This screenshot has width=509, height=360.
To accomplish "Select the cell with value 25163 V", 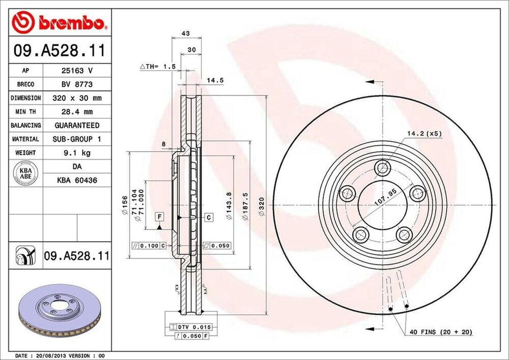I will coord(77,71).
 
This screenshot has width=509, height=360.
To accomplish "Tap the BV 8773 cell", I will coord(77,85).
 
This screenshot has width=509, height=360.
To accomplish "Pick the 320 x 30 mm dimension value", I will coord(77,98).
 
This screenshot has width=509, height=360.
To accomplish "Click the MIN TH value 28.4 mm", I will coord(77,112).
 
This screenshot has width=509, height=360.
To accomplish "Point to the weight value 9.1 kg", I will coord(77,153).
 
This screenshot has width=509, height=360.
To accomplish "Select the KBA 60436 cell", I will coord(77,180).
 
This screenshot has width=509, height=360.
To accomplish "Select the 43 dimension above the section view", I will coord(186,34).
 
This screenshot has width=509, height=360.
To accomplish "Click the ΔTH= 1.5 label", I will coord(157,66).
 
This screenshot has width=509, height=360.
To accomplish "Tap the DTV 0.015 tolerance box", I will coord(192,327).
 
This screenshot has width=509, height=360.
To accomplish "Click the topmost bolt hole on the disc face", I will coord(383,168).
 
